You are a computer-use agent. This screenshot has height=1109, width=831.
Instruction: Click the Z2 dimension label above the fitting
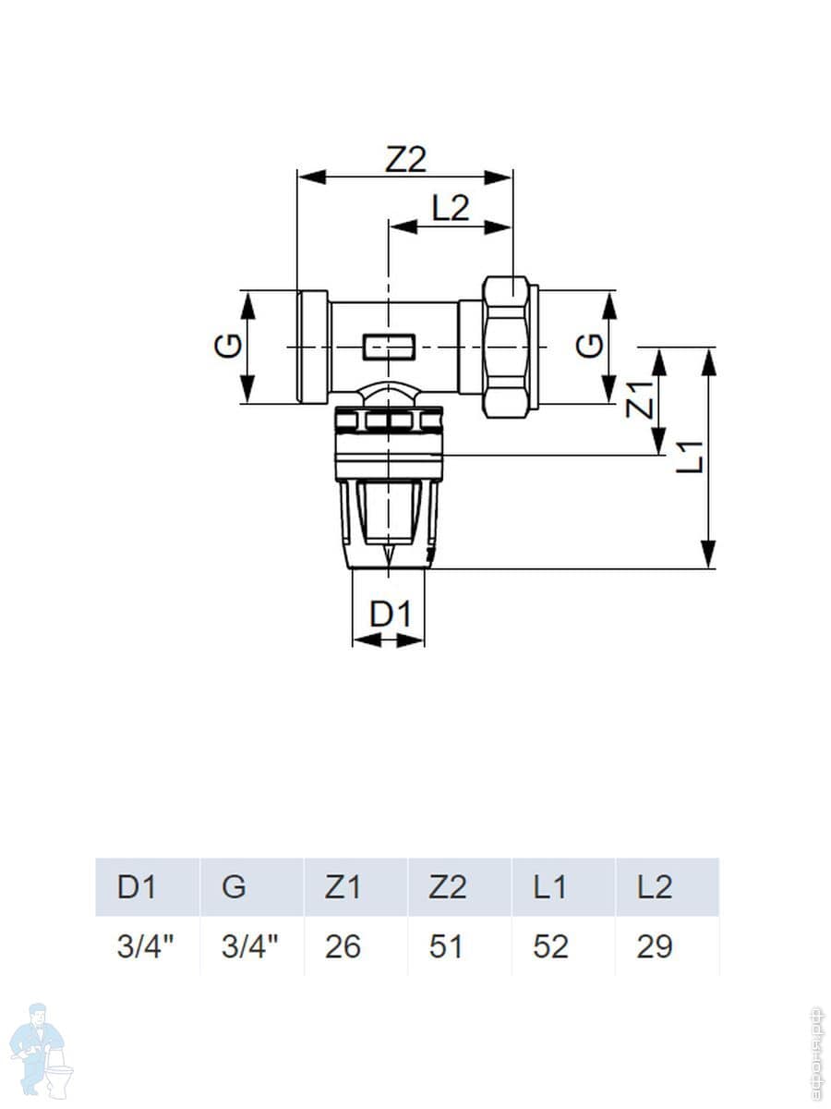[x=406, y=160]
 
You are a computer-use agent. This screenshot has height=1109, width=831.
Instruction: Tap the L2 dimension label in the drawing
[x=450, y=209]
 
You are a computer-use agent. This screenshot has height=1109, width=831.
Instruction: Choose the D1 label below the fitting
[x=389, y=614]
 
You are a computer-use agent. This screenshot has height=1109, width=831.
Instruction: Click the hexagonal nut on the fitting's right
[x=508, y=347]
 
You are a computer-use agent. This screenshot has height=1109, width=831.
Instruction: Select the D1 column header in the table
[x=138, y=887]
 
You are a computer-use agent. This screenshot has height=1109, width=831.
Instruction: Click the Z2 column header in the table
[x=448, y=887]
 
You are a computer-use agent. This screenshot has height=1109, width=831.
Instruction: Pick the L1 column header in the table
[x=550, y=887]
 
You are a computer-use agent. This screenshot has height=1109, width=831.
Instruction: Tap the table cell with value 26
[x=343, y=947]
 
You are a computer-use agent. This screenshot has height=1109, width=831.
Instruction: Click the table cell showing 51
[x=447, y=947]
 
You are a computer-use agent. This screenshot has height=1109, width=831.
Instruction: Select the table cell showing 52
[x=550, y=947]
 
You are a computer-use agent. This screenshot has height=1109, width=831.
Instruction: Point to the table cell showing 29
[x=654, y=947]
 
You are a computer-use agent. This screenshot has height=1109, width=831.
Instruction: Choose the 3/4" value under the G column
[x=249, y=947]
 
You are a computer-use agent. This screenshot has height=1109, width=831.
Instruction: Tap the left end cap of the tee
[x=313, y=347]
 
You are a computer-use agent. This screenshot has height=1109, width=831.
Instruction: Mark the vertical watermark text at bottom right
[x=815, y=1049]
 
